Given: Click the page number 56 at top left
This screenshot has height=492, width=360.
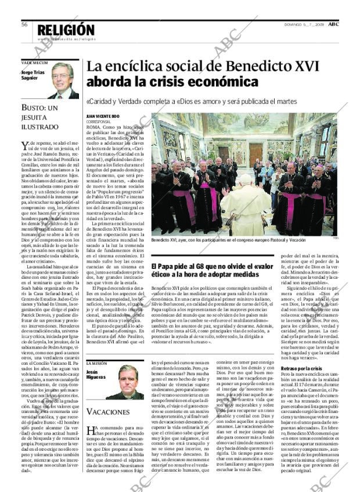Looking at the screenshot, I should click(25, 25).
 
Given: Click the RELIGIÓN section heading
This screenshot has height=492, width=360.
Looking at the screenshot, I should click(65, 30).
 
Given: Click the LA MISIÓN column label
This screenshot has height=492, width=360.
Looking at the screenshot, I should click(95, 363).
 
